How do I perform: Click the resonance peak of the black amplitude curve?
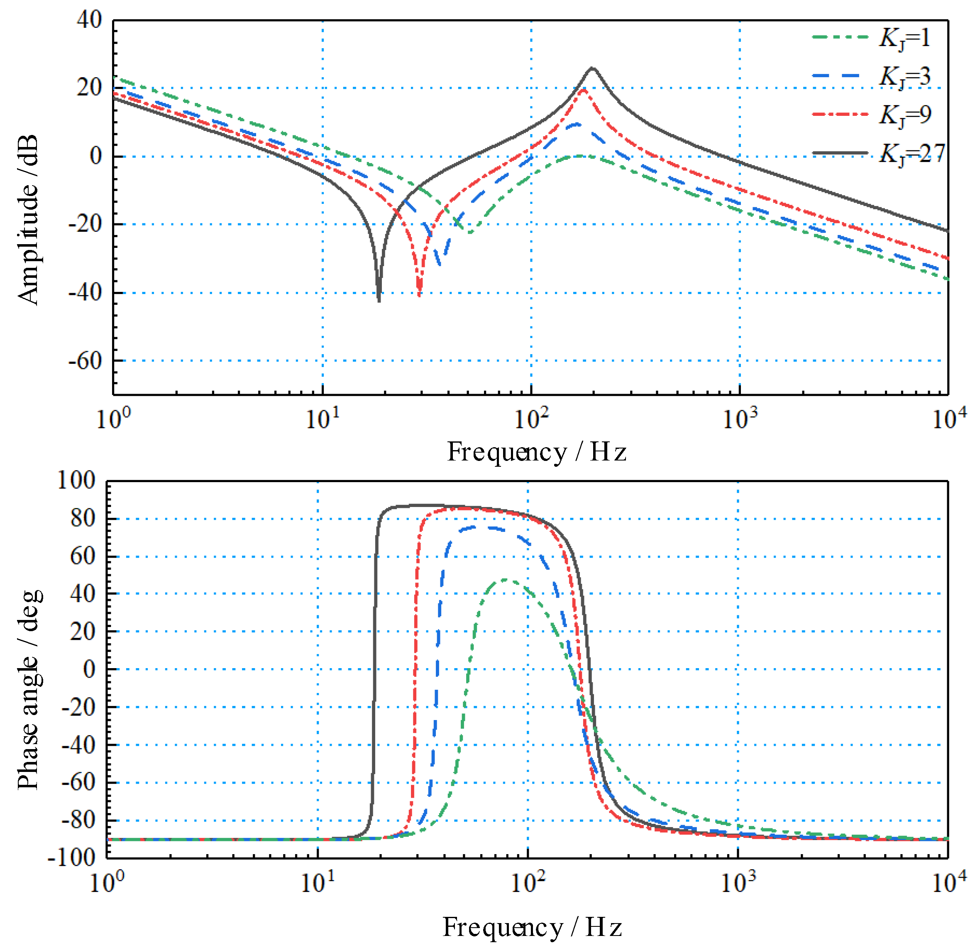(592, 68)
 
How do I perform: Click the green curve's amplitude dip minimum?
(469, 233)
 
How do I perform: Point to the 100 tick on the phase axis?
(76, 480)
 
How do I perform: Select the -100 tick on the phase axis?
(71, 858)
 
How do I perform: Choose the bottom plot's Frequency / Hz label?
(532, 927)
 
